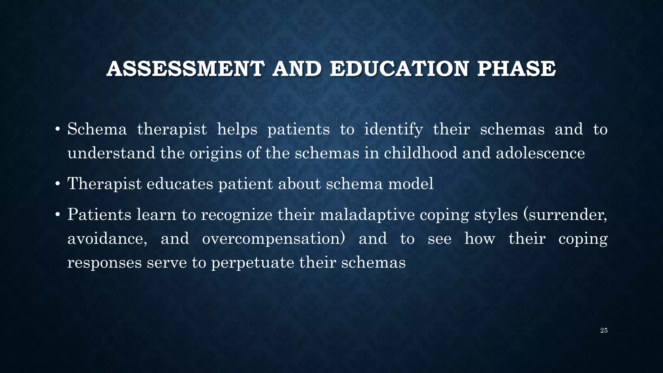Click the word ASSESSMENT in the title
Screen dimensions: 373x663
[x=185, y=69]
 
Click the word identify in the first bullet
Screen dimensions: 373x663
[x=393, y=130]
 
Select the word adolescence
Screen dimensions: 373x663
[x=540, y=153]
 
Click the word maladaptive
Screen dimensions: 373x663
[x=367, y=215]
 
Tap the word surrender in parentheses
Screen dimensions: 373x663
[x=565, y=215]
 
